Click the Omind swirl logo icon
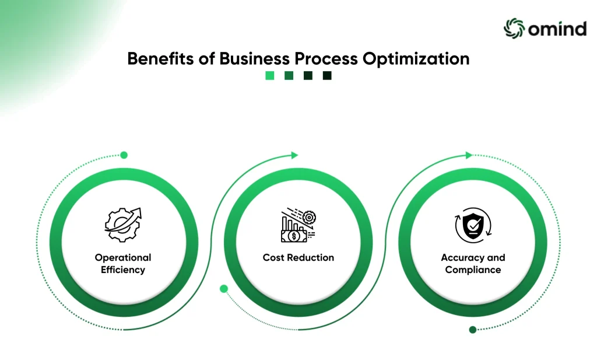[x=514, y=28]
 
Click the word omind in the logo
[x=557, y=29]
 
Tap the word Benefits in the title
[x=160, y=59]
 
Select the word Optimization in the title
[x=416, y=59]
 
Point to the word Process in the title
[x=326, y=59]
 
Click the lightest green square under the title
[x=269, y=75]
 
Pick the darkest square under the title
[x=327, y=75]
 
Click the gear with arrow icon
[x=123, y=225]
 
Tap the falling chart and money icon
[x=298, y=225]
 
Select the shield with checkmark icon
[x=473, y=225]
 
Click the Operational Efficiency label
[x=123, y=264]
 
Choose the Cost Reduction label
[x=298, y=257]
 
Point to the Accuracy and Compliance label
[x=473, y=264]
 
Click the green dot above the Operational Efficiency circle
[x=124, y=155]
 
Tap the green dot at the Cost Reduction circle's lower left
[x=224, y=289]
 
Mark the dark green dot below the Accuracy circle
[x=472, y=330]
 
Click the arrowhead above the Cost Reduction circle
[x=294, y=155]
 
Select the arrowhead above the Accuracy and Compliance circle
[x=469, y=155]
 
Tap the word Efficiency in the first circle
[x=123, y=270]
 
